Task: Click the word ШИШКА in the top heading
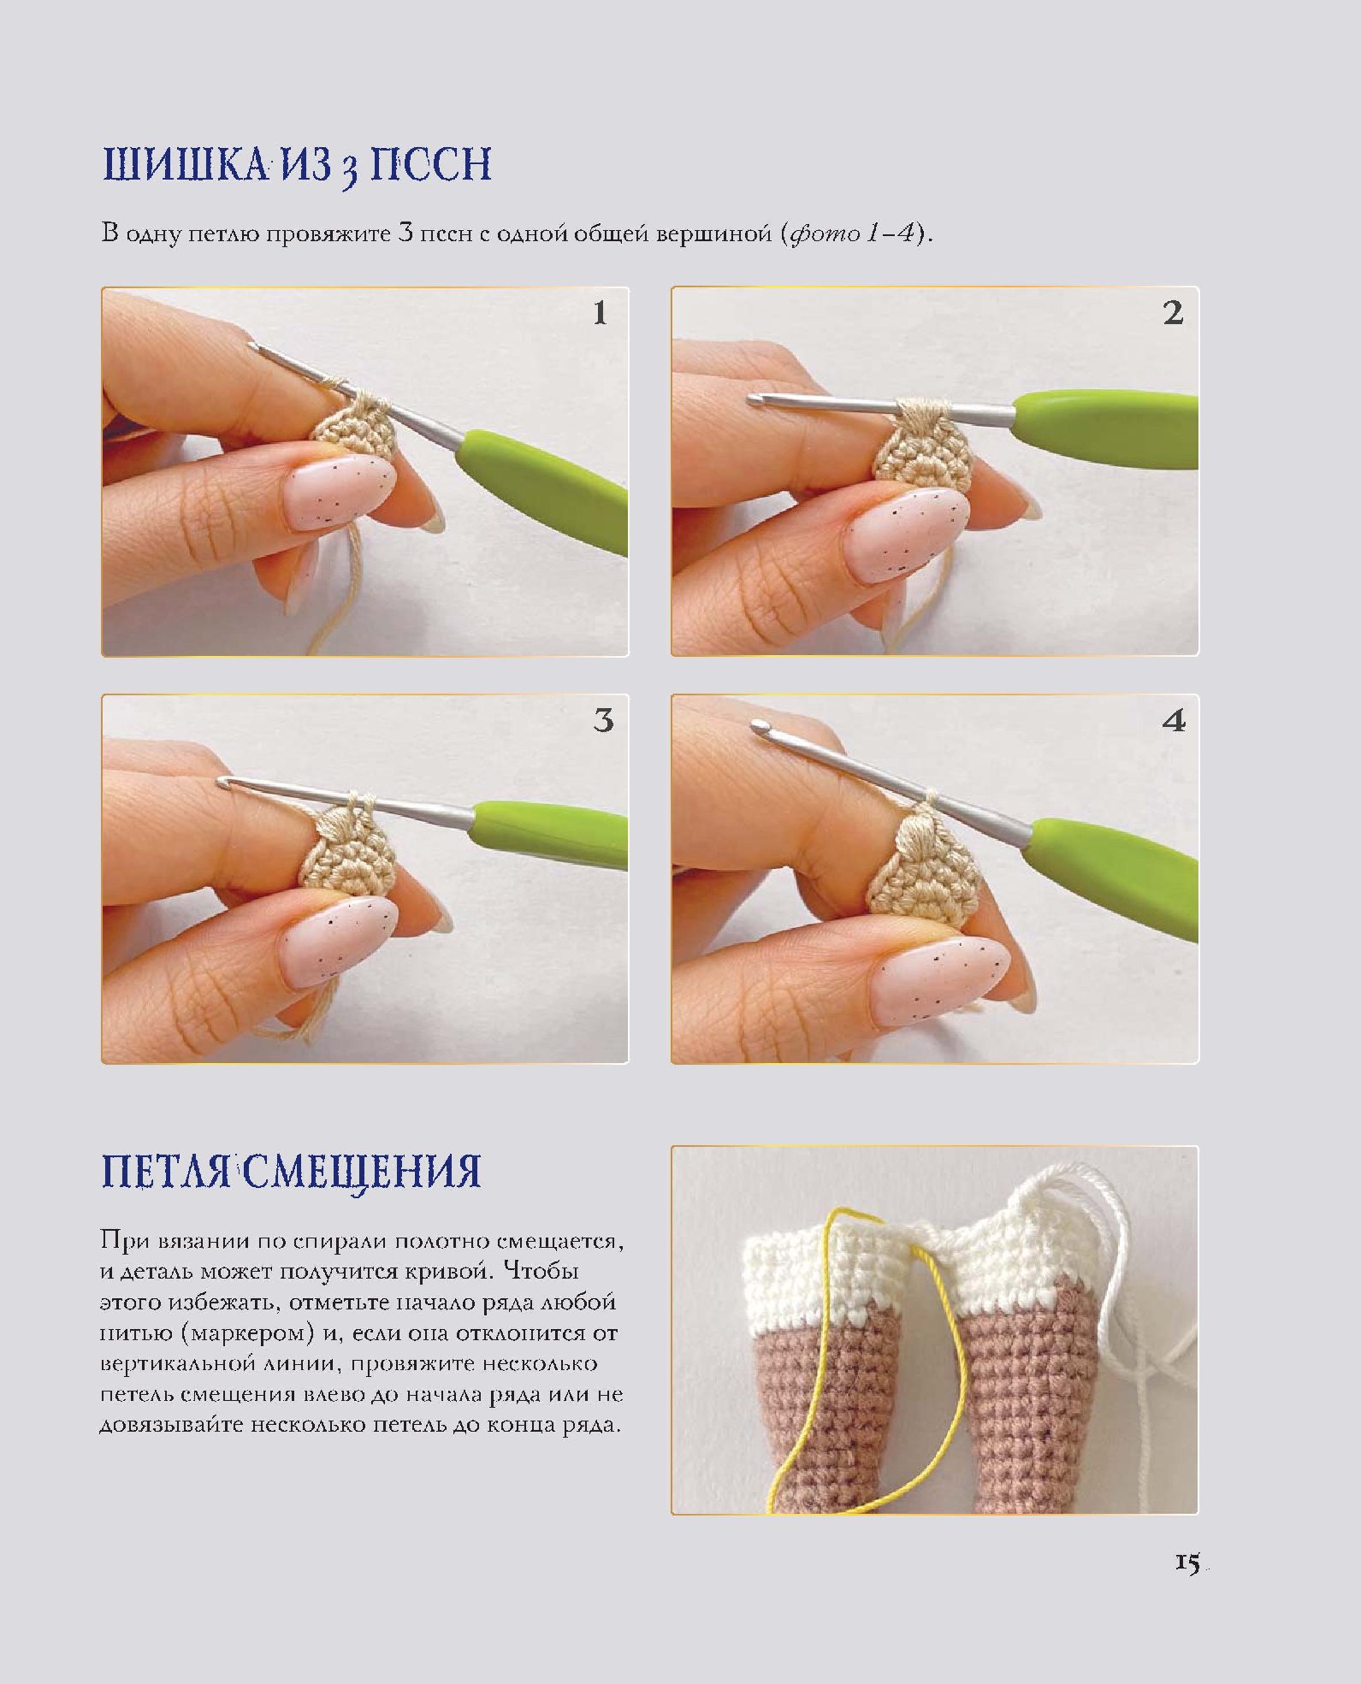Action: (x=185, y=164)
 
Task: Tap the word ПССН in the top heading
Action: (x=430, y=164)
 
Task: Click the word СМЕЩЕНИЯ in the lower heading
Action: (x=362, y=1171)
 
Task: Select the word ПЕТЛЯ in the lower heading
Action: (x=167, y=1171)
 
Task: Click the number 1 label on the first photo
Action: (x=600, y=313)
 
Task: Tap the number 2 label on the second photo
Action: (x=1173, y=313)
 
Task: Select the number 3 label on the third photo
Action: (x=603, y=720)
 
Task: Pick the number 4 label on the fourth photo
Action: (x=1174, y=720)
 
